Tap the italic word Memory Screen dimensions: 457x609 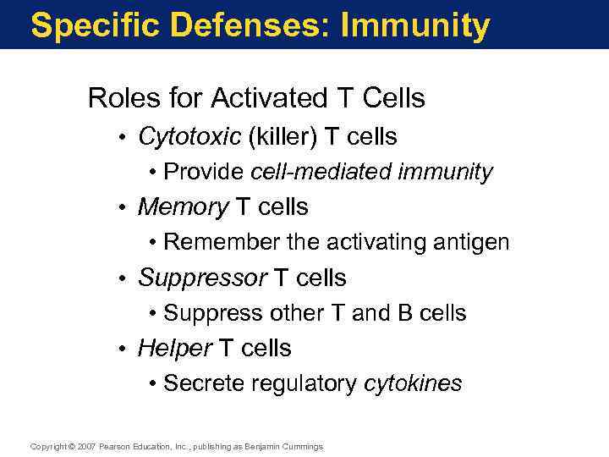[183, 206]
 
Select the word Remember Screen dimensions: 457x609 [222, 242]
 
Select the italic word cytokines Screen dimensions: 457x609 [413, 383]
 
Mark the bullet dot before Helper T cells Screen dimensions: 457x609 [123, 349]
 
